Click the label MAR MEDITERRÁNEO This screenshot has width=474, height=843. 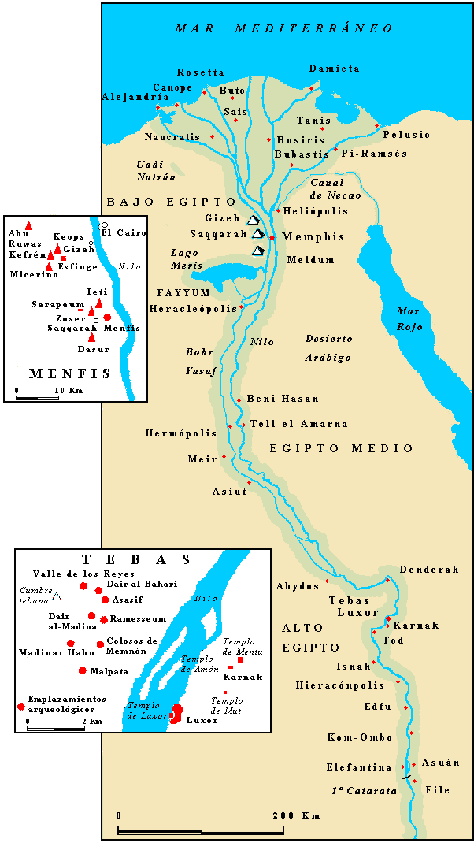283,28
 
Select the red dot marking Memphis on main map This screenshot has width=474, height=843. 272,237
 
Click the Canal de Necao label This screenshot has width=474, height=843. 335,189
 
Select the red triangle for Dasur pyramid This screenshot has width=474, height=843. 92,337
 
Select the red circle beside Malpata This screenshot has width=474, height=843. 83,670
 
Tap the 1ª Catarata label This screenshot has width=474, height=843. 363,790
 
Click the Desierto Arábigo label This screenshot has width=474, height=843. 328,347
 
